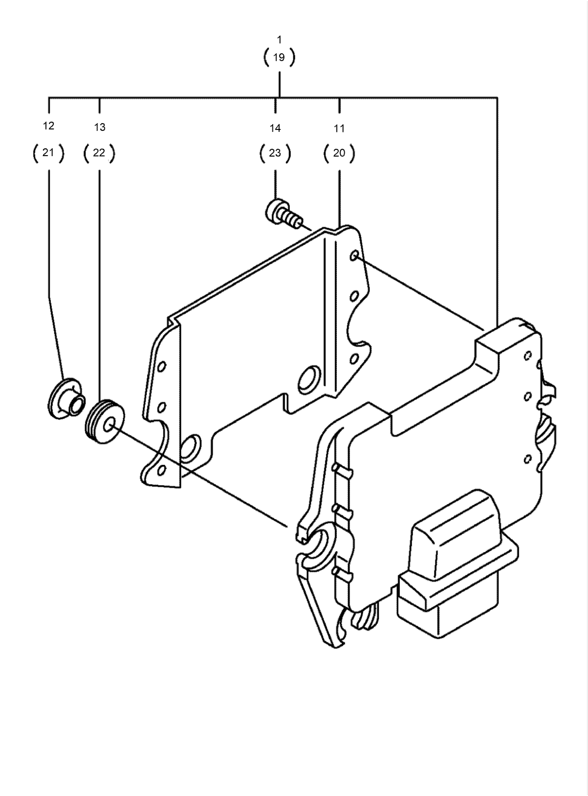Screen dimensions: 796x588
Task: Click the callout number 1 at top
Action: (279, 39)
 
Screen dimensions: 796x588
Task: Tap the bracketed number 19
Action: (279, 58)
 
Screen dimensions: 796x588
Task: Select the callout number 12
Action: (48, 126)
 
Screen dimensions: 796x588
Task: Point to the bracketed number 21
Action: (48, 153)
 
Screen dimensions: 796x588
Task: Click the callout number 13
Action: (99, 127)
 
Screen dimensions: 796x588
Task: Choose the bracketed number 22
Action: (99, 153)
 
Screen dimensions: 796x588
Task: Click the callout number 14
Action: (275, 128)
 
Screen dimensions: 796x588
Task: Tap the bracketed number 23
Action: (275, 153)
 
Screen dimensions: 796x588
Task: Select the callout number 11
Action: (339, 128)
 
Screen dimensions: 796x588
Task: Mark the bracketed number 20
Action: (339, 153)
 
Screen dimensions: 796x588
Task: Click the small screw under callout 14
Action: (282, 213)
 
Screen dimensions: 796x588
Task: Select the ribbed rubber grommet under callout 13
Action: (106, 421)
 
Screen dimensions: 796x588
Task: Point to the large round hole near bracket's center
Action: (308, 379)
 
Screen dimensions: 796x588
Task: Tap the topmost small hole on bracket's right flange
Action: (354, 255)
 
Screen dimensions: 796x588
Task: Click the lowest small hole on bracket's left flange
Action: (161, 469)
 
